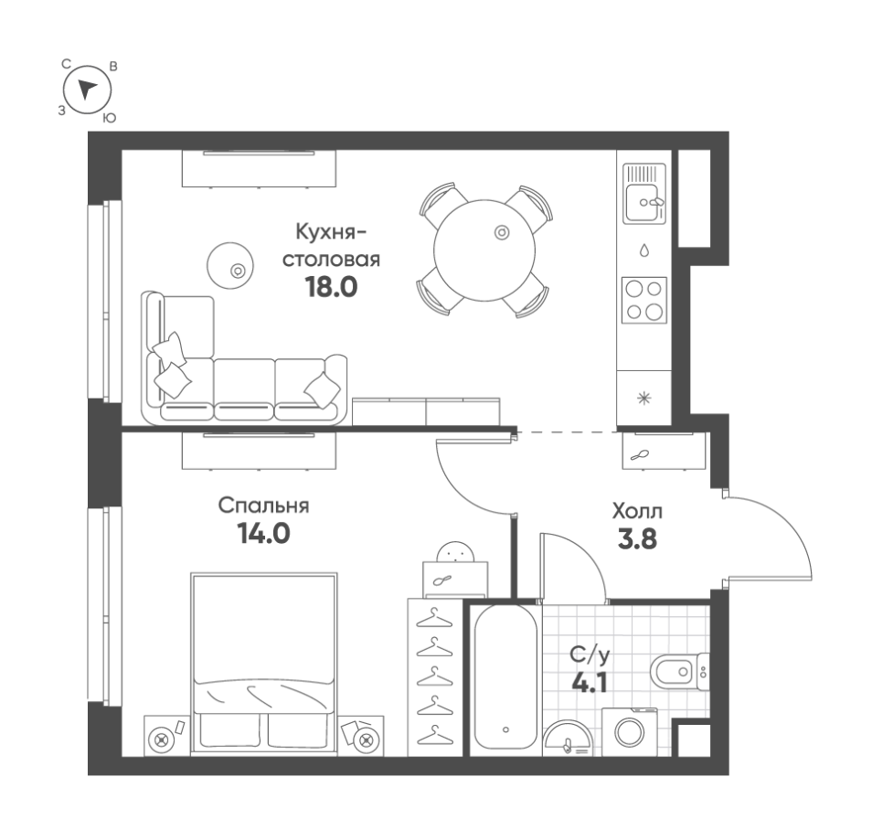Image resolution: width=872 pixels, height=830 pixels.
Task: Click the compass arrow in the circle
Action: click(87, 89)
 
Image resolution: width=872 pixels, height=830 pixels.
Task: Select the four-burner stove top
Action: click(644, 301)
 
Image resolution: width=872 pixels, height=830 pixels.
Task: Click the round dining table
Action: click(484, 250)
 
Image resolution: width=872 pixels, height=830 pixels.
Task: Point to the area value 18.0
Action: click(331, 287)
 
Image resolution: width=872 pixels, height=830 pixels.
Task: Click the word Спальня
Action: click(263, 506)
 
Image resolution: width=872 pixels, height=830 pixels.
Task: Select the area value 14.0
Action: click(263, 534)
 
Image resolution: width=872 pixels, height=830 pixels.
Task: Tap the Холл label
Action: click(637, 511)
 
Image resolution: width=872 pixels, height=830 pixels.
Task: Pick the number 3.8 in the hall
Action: click(637, 539)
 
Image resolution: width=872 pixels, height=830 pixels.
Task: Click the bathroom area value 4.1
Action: click(590, 682)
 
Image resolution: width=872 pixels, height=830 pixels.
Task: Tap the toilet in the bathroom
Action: click(679, 672)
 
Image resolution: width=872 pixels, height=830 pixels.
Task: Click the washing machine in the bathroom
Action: click(630, 732)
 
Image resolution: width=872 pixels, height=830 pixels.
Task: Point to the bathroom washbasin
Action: click(569, 739)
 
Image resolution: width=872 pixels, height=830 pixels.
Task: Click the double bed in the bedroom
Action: click(264, 664)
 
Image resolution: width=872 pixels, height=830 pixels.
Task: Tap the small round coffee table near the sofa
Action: click(230, 265)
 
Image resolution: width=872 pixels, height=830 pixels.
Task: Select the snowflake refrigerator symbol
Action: click(644, 399)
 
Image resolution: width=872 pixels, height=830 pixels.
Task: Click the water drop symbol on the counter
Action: click(644, 250)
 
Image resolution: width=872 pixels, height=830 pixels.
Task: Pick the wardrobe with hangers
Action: click(435, 677)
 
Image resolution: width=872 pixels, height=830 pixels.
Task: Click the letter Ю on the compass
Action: click(110, 118)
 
